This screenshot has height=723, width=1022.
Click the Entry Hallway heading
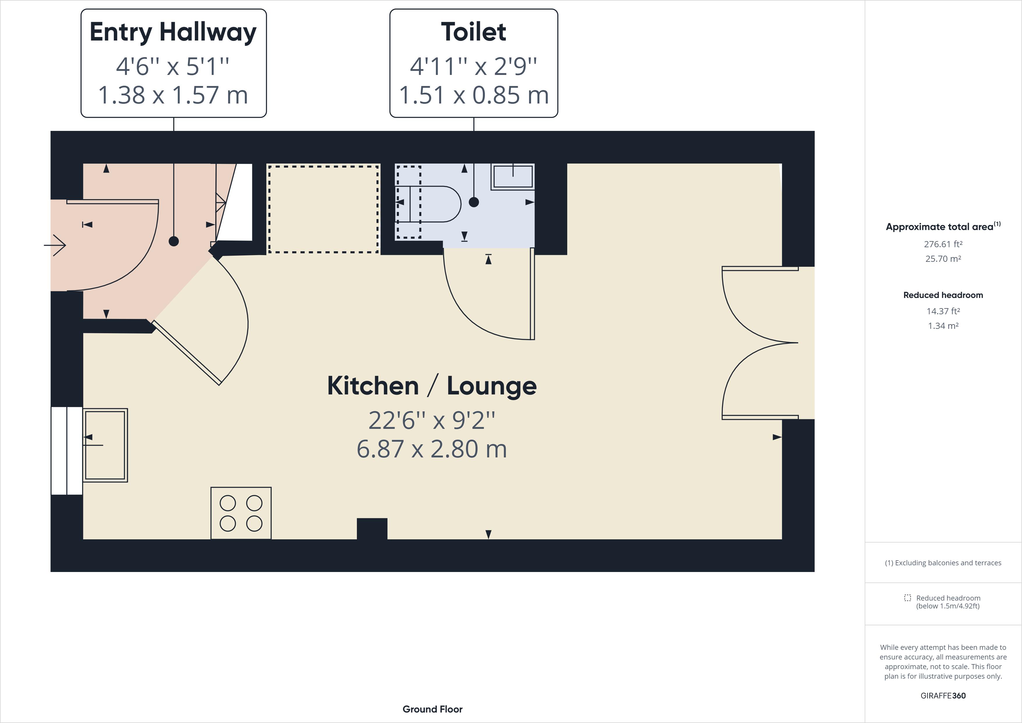173,32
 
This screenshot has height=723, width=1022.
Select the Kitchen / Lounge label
432,385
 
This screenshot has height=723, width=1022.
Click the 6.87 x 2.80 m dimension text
432,449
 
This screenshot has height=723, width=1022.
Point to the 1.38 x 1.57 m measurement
173,95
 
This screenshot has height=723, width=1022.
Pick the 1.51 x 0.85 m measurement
474,95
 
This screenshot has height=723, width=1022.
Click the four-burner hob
241,513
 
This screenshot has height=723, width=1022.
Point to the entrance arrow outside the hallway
55,245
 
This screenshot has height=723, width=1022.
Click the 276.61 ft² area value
943,244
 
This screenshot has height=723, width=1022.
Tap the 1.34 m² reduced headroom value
943,326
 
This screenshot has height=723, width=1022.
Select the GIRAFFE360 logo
943,695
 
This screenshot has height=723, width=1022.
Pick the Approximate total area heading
943,226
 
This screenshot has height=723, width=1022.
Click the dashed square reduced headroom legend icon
907,598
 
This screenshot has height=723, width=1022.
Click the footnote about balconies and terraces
943,563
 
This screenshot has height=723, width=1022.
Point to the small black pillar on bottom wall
372,529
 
